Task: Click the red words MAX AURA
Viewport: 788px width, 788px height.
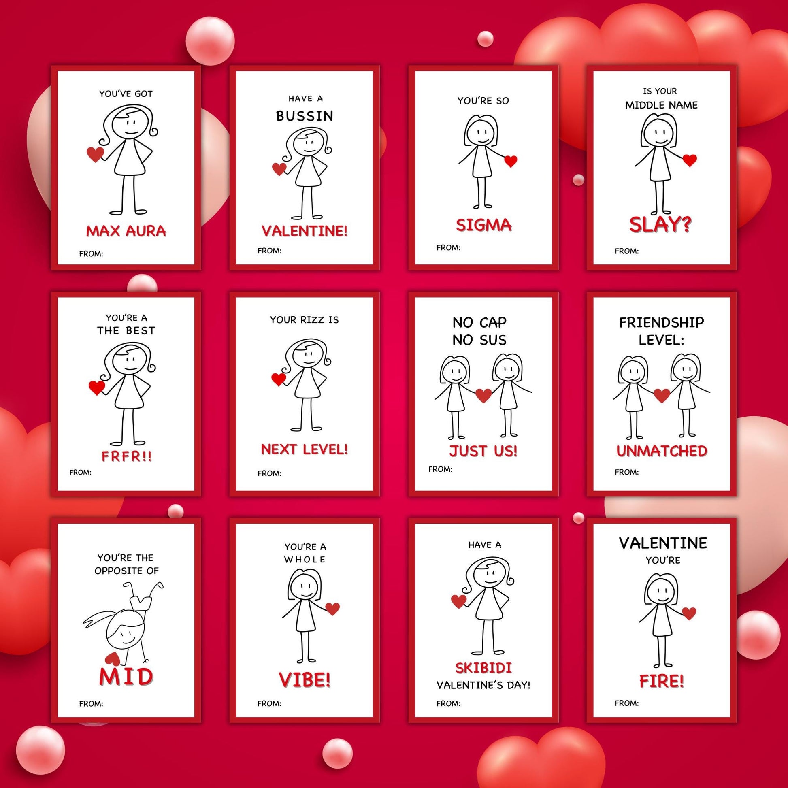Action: click(126, 231)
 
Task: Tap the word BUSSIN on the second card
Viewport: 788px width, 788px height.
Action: click(305, 116)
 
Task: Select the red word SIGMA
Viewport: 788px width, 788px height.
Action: click(483, 225)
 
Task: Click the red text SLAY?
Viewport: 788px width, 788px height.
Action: click(660, 224)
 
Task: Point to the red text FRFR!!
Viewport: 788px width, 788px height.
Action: click(126, 456)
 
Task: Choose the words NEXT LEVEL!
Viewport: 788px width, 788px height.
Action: click(305, 449)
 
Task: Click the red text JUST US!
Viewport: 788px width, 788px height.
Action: click(483, 451)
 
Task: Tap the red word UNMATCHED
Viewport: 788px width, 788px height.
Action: click(662, 451)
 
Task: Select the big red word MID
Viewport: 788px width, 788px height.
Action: click(126, 677)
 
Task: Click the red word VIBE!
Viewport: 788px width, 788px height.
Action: click(305, 680)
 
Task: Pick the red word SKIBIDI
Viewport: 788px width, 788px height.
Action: click(483, 668)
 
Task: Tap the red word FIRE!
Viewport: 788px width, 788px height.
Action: click(662, 681)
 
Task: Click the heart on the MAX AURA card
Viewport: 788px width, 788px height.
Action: click(96, 154)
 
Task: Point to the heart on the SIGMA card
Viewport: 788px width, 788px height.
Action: click(511, 162)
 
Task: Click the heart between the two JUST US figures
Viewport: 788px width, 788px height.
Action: click(484, 395)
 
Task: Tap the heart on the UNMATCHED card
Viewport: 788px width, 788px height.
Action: click(662, 395)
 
